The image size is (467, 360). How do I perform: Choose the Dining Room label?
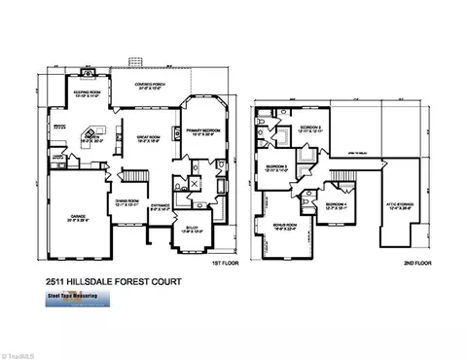pyautogui.click(x=128, y=203)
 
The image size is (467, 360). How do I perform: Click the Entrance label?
pyautogui.click(x=162, y=206)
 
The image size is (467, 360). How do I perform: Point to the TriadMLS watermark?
pyautogui.click(x=21, y=350)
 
